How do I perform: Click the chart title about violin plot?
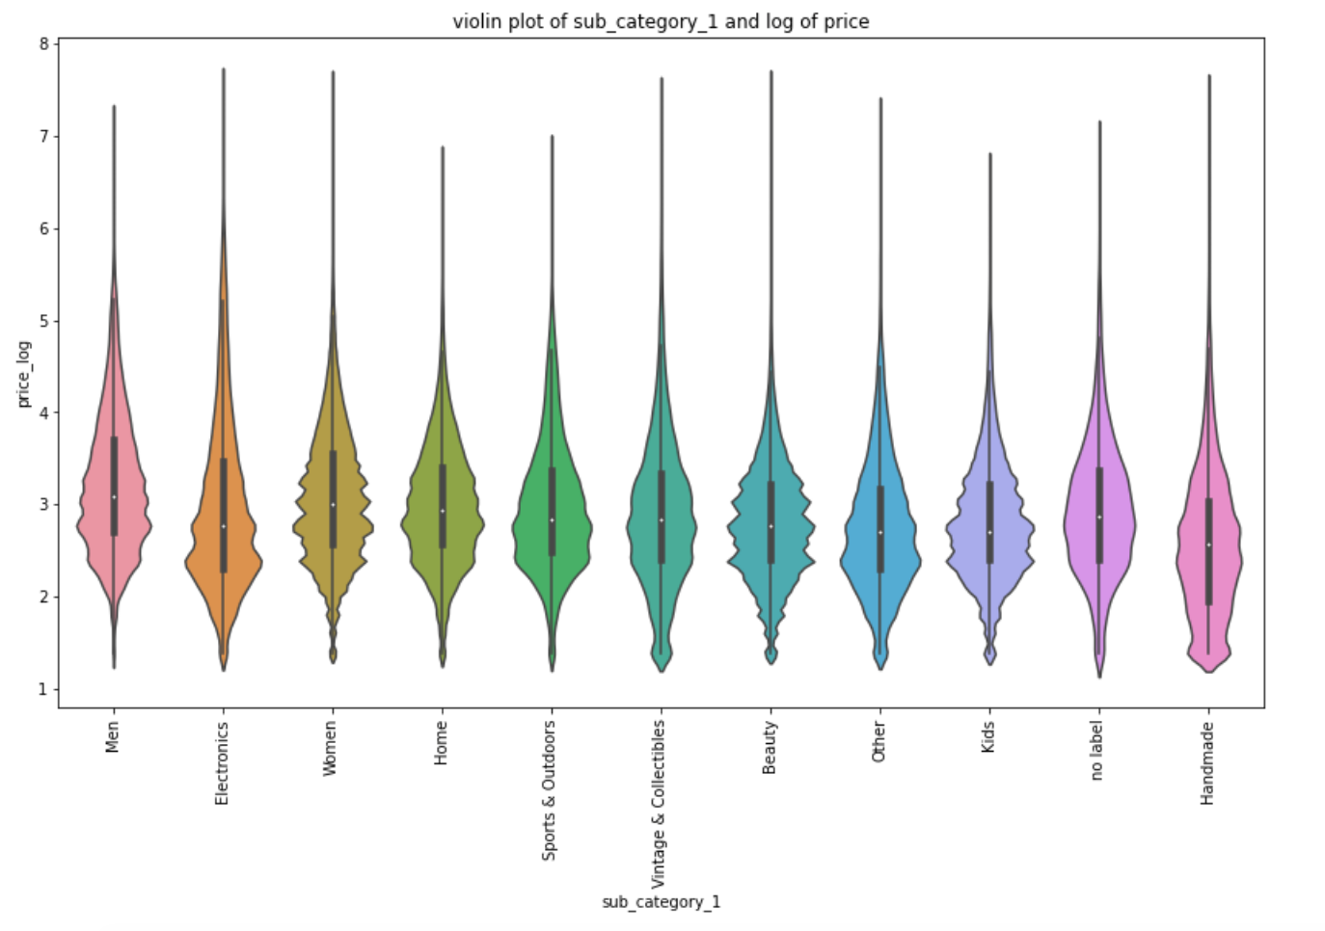661,21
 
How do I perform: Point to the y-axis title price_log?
24,374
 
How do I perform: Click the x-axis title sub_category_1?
661,902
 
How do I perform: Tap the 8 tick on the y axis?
44,44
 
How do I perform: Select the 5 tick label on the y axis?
44,321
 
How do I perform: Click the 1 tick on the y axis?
44,689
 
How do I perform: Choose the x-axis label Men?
113,737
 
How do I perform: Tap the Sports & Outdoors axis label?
550,790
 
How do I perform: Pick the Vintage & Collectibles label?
659,804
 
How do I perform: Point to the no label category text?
1096,751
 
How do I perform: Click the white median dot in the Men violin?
114,496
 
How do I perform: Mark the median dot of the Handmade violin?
1208,545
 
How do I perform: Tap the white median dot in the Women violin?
333,504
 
